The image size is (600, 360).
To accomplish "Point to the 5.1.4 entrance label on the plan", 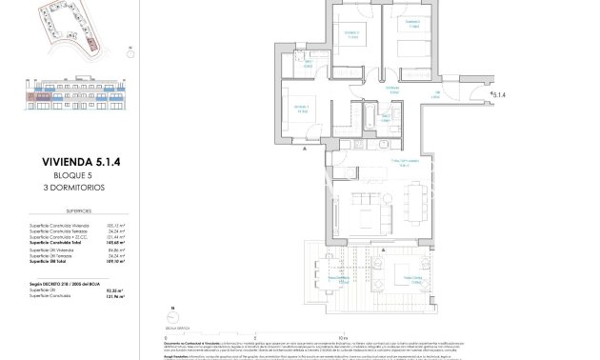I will (499, 93).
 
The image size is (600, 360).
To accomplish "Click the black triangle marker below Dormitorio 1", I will (303, 150).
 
